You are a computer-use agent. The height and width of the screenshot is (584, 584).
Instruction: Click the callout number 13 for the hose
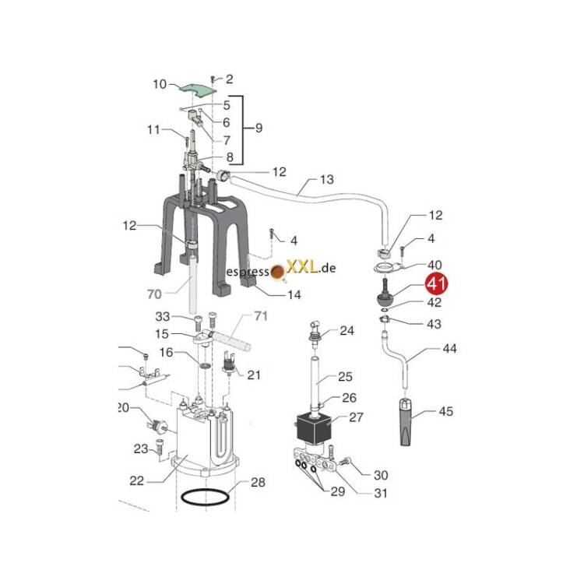(x=327, y=180)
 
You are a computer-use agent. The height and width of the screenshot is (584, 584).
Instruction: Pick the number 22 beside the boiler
(x=137, y=480)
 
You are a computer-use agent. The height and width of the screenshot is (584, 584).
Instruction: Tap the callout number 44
(x=450, y=349)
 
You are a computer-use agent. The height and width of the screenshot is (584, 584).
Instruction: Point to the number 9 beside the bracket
(x=259, y=127)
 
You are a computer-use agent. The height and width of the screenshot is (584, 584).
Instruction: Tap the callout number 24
(x=347, y=330)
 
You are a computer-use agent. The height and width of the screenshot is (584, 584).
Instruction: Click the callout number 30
(x=381, y=475)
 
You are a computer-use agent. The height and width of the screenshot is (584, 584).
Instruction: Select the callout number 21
(x=254, y=375)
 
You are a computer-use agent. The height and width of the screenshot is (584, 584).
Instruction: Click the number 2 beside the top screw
(x=230, y=79)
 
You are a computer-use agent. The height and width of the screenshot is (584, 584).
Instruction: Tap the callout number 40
(x=434, y=266)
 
